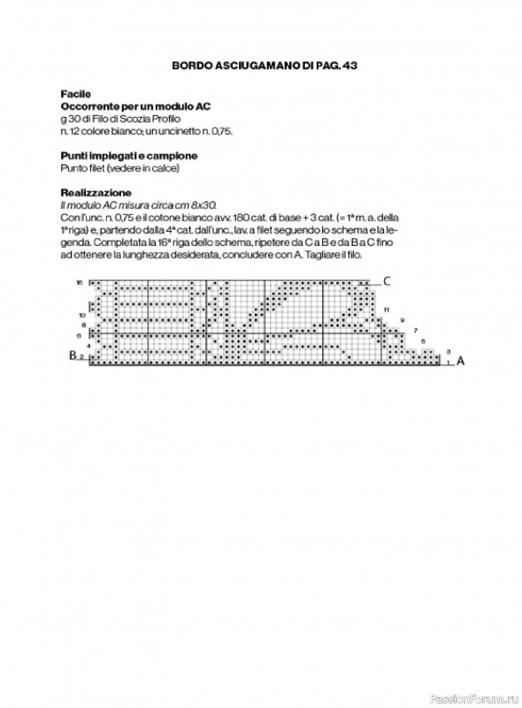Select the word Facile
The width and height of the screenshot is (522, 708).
tap(74, 93)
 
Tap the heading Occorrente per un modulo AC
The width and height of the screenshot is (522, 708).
tap(135, 105)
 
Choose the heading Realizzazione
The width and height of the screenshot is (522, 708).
tap(96, 192)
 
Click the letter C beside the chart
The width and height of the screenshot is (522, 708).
tap(387, 281)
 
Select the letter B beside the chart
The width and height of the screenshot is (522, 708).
tap(73, 356)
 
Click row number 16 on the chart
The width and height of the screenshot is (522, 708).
tap(80, 282)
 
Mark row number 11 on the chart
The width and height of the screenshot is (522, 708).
tap(387, 310)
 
